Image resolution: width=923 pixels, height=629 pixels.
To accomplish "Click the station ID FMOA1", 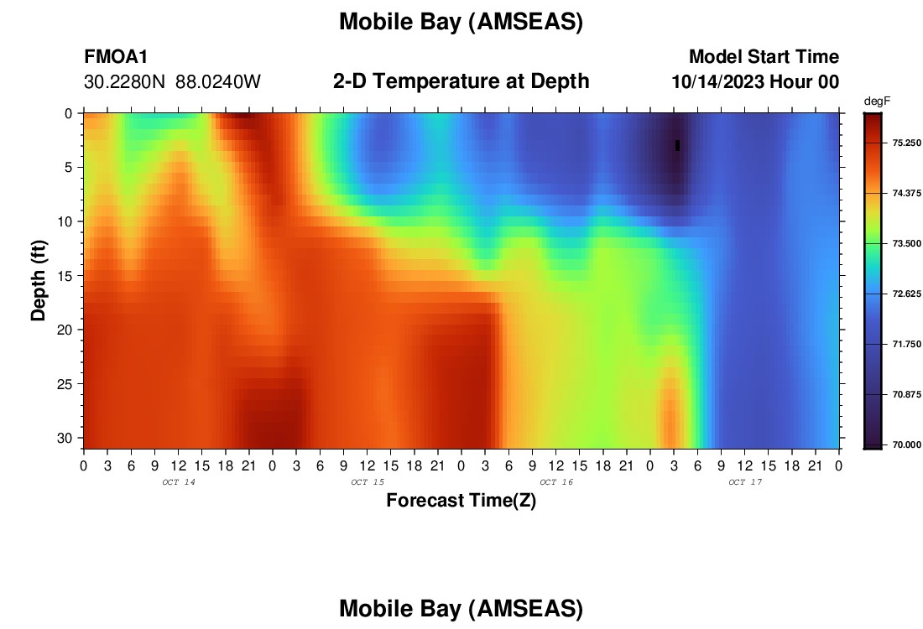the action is tap(116, 56).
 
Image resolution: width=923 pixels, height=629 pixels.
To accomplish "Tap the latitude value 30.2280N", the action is tap(125, 82).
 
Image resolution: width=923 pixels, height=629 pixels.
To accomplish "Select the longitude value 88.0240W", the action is tap(218, 82).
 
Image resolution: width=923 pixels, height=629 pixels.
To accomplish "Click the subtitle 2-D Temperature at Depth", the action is tap(461, 81).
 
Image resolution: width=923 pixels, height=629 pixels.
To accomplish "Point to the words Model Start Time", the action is tap(764, 56).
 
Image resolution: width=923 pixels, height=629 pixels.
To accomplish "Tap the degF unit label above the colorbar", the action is tap(877, 101).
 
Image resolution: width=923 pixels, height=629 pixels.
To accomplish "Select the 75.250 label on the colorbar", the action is tap(906, 143).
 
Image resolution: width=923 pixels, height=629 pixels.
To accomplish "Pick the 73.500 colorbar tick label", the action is tap(906, 243).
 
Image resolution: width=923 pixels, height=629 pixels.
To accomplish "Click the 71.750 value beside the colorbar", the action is tap(906, 344).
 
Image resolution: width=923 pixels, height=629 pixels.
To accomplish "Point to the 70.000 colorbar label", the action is tap(906, 444).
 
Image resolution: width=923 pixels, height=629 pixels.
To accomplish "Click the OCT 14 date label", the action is tap(179, 482).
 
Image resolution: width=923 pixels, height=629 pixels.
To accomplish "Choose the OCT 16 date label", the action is tap(556, 482).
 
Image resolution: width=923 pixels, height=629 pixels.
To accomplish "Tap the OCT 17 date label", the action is tap(745, 482).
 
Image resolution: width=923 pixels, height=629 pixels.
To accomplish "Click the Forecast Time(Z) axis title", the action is tap(461, 500).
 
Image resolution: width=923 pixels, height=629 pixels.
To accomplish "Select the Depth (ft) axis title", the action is tap(39, 281).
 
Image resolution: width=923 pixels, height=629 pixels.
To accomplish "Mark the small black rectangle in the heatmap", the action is tap(677, 145).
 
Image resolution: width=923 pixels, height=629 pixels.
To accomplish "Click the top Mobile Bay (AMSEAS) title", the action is tap(461, 22).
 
